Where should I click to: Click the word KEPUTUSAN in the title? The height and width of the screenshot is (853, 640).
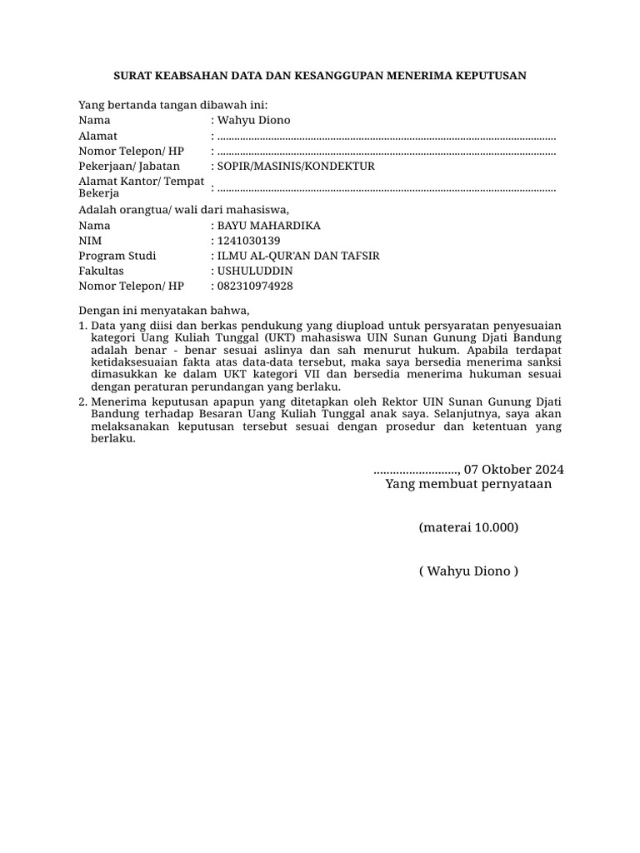[489, 77]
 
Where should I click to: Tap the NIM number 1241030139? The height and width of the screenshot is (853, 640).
[248, 241]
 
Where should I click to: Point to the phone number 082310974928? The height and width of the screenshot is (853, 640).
[254, 286]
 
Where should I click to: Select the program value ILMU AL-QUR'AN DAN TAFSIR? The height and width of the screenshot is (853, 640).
[298, 256]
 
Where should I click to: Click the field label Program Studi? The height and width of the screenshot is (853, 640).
[117, 256]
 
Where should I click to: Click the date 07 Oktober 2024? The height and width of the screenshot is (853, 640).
[514, 468]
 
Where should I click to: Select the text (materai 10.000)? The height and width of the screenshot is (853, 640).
[469, 528]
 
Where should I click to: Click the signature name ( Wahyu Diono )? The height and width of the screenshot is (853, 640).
[469, 571]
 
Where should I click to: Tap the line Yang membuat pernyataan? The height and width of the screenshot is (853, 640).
[468, 484]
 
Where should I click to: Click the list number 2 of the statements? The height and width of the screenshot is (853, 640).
[82, 402]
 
